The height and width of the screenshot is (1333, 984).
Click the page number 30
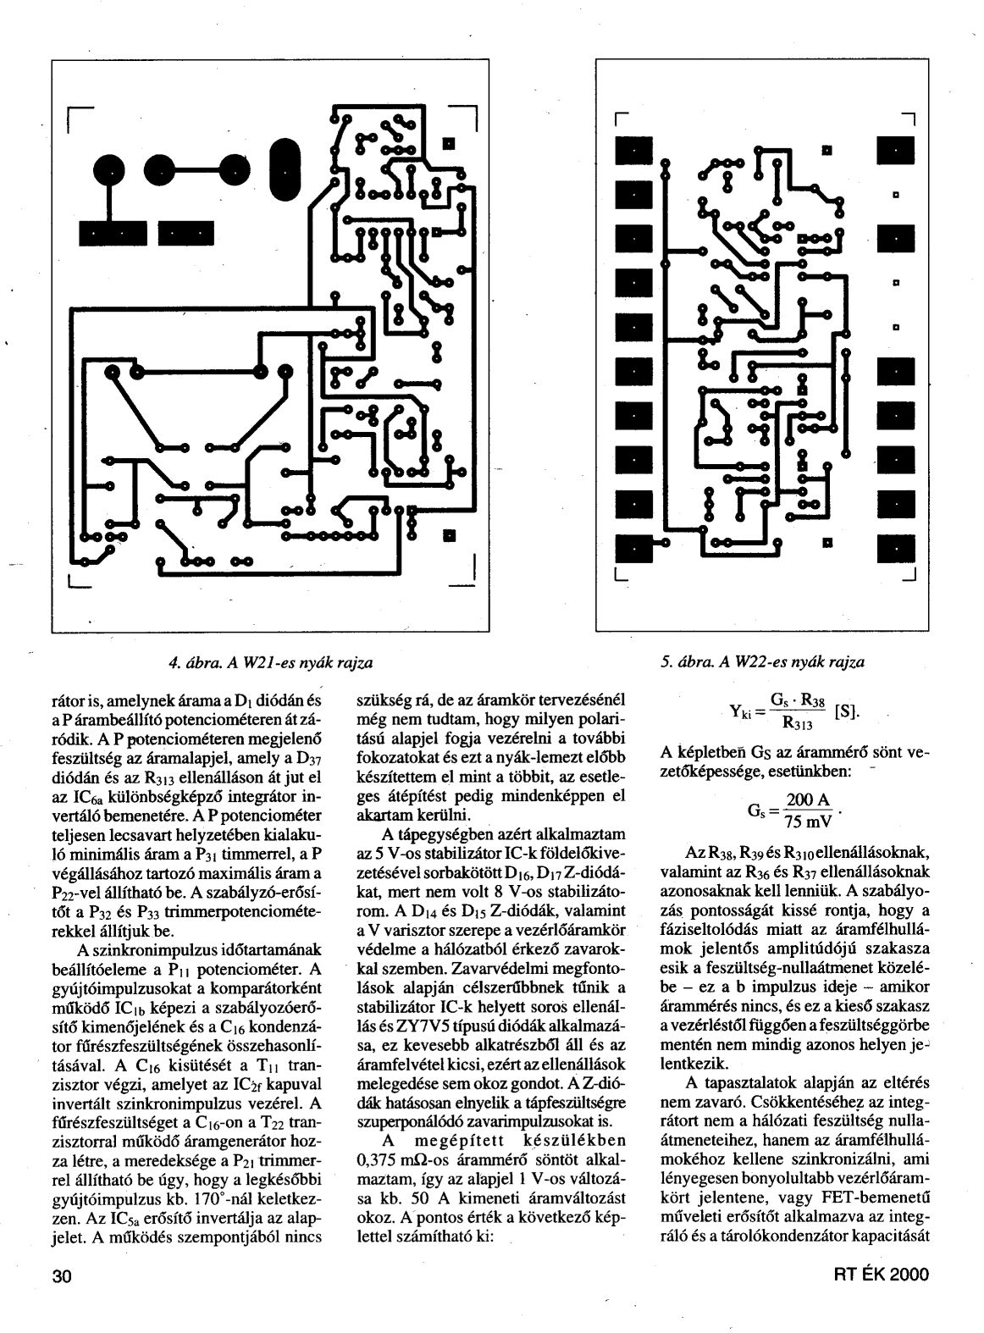tap(63, 1275)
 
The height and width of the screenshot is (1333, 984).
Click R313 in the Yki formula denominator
tap(799, 725)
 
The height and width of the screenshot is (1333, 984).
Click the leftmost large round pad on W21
tap(108, 172)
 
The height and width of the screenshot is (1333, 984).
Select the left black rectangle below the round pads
tap(112, 233)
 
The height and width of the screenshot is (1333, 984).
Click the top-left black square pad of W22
tap(631, 152)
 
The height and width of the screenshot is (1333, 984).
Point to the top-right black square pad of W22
tap(891, 152)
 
